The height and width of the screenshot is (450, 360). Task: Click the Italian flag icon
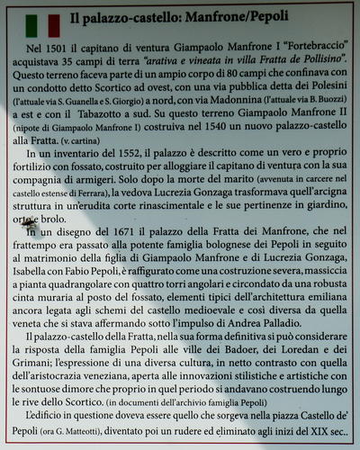[42, 22]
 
